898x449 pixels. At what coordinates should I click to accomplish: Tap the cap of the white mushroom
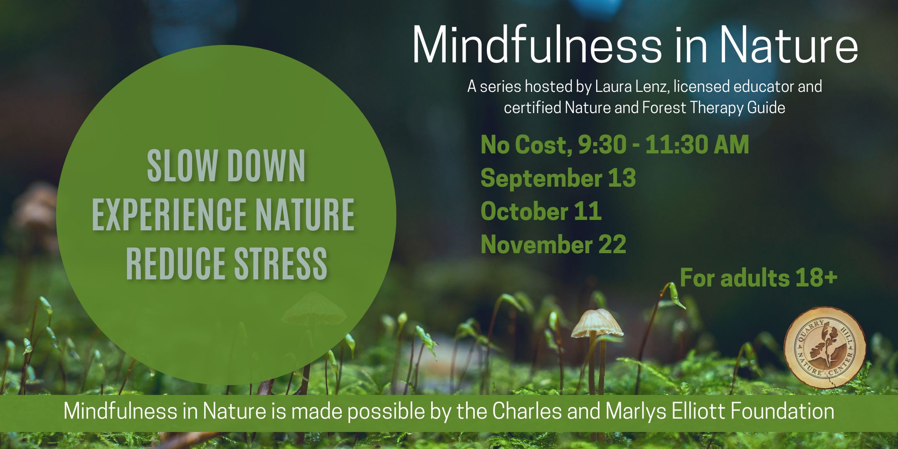597,323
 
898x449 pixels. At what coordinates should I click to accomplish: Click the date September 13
558,178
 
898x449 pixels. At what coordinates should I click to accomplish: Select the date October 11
541,211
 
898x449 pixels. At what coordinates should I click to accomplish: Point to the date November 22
553,244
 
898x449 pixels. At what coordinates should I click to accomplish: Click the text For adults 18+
758,278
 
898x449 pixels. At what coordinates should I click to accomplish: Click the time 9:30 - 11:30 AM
664,145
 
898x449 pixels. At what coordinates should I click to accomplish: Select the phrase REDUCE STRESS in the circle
227,263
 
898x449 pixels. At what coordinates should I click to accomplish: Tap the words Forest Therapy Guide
713,108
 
